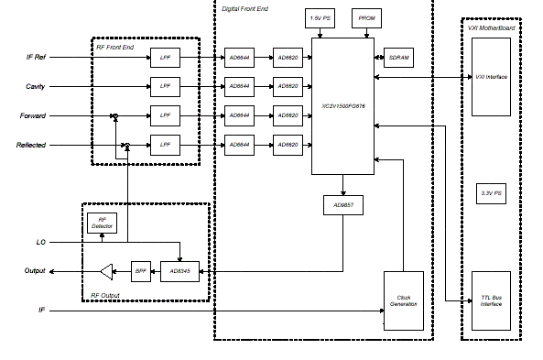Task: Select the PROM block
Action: pyautogui.click(x=366, y=18)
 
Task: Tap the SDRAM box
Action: pyautogui.click(x=399, y=57)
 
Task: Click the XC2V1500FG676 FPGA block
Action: pyautogui.click(x=342, y=105)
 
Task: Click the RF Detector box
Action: pyautogui.click(x=101, y=222)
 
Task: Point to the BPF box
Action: pyautogui.click(x=139, y=271)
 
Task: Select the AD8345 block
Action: pyautogui.click(x=180, y=271)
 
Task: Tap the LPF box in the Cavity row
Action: pyautogui.click(x=166, y=86)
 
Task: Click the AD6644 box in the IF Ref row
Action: pyautogui.click(x=240, y=58)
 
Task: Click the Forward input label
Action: pyautogui.click(x=34, y=116)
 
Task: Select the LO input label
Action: pyautogui.click(x=41, y=242)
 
